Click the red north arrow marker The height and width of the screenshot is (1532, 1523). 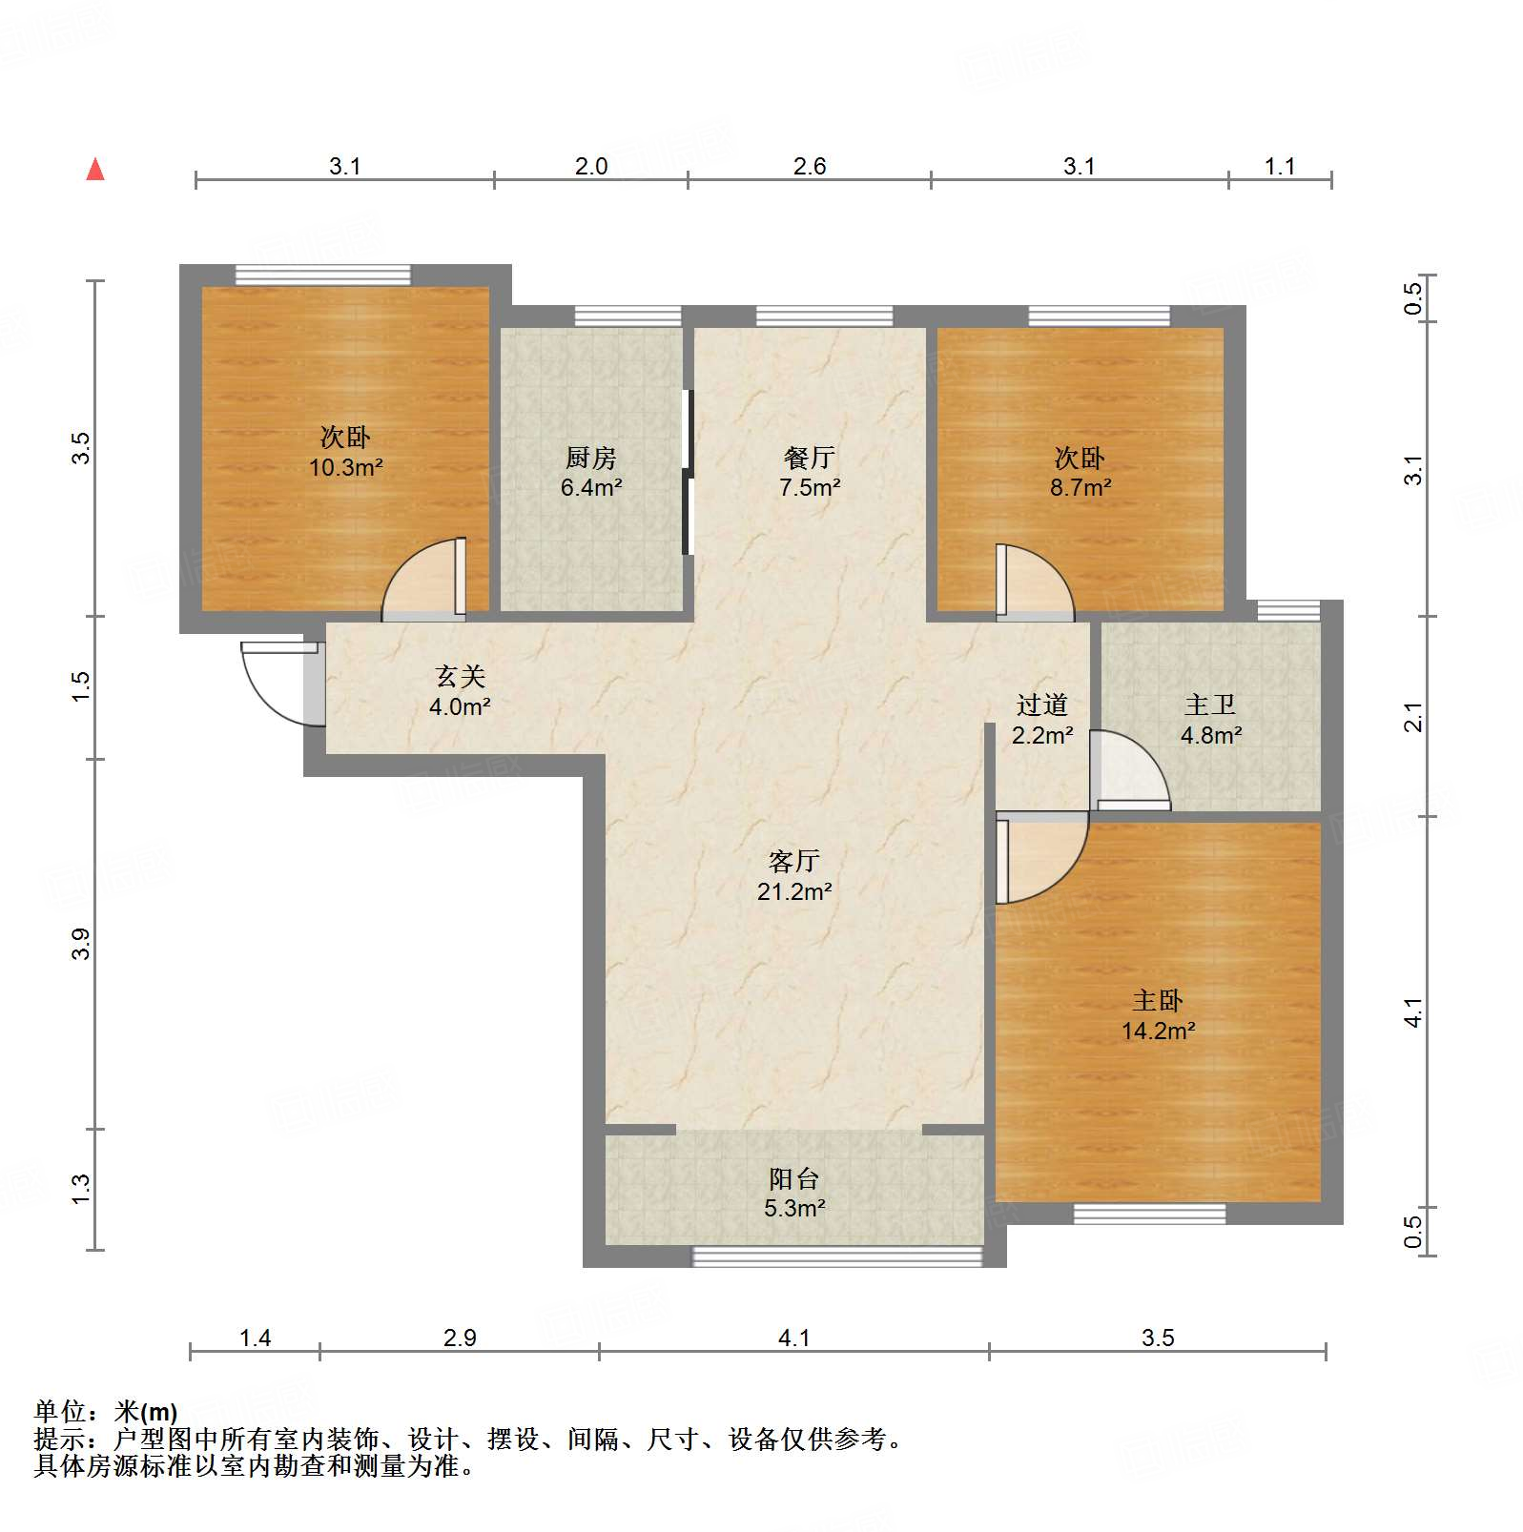pyautogui.click(x=95, y=169)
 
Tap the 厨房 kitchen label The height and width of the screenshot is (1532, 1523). pyautogui.click(x=590, y=459)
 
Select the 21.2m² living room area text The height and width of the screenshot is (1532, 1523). pyautogui.click(x=793, y=892)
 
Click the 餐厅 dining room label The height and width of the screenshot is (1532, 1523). pyautogui.click(x=809, y=459)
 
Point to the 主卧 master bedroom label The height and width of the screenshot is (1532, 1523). pyautogui.click(x=1157, y=1001)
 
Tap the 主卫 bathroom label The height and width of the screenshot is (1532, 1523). pyautogui.click(x=1210, y=705)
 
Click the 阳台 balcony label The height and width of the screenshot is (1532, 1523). pyautogui.click(x=793, y=1179)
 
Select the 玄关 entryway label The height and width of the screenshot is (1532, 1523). pyautogui.click(x=460, y=677)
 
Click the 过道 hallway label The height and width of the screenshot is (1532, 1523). pyautogui.click(x=1041, y=705)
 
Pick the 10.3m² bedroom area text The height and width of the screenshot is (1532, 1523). pyautogui.click(x=345, y=468)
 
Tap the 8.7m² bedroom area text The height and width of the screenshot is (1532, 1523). pyautogui.click(x=1080, y=488)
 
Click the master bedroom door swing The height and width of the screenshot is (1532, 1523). pyautogui.click(x=1039, y=858)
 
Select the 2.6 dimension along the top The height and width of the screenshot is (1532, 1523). pyautogui.click(x=809, y=167)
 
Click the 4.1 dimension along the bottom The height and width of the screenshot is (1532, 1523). pyautogui.click(x=793, y=1338)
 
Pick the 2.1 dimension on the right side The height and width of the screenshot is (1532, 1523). pyautogui.click(x=1412, y=717)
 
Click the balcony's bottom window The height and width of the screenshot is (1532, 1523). pyautogui.click(x=836, y=1257)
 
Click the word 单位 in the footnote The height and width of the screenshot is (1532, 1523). pyautogui.click(x=61, y=1412)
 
